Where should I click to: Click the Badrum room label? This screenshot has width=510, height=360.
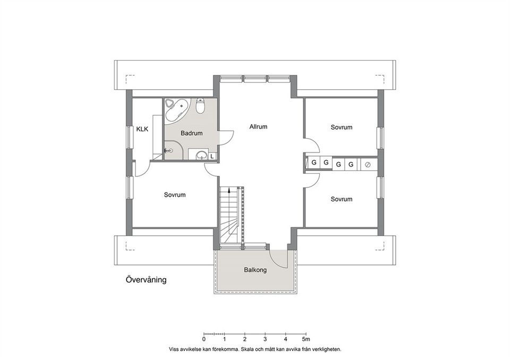(x=191, y=133)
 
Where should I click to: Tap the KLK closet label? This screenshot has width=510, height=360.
(x=142, y=129)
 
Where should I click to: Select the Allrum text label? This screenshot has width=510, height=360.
(x=258, y=127)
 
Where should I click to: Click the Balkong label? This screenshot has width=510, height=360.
(x=255, y=270)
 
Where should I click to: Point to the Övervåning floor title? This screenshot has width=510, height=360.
(x=146, y=280)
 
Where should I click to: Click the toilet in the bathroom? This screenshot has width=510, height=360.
(x=200, y=107)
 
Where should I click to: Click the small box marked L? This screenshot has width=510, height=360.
(x=212, y=156)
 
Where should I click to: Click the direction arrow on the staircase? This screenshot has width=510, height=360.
(x=229, y=191)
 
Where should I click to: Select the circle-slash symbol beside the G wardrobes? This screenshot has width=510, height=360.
(x=367, y=165)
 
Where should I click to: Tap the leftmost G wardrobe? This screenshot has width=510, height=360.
(x=314, y=162)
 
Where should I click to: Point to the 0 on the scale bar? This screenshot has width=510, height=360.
(x=204, y=339)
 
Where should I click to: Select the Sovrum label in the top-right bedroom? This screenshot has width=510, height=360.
(x=341, y=127)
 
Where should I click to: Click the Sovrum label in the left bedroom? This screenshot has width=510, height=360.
(x=174, y=195)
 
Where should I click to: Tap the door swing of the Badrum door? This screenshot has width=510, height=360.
(x=225, y=137)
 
